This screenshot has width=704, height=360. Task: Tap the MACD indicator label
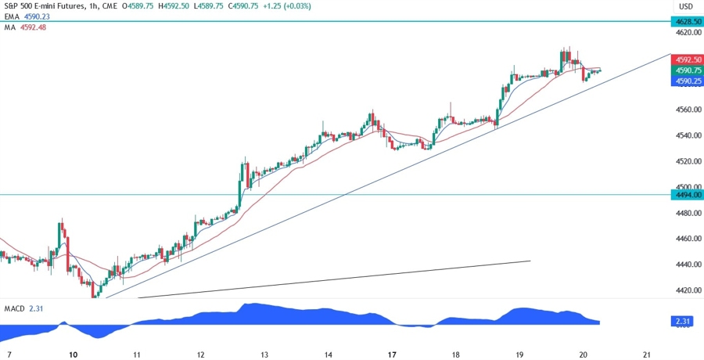[x=14, y=309]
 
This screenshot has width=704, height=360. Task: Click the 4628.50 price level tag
[x=685, y=22]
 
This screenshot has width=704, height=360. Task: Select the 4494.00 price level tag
[x=685, y=194]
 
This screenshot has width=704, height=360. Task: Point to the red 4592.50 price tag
[x=685, y=59]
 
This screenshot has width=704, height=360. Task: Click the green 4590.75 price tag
[x=685, y=70]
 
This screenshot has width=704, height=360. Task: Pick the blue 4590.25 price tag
[x=685, y=81]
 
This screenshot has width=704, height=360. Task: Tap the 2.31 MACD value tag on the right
[x=682, y=322]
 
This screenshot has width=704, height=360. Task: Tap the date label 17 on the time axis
[x=392, y=355]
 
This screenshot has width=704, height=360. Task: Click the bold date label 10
[x=73, y=355]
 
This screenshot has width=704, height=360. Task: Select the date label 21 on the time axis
[x=647, y=355]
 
